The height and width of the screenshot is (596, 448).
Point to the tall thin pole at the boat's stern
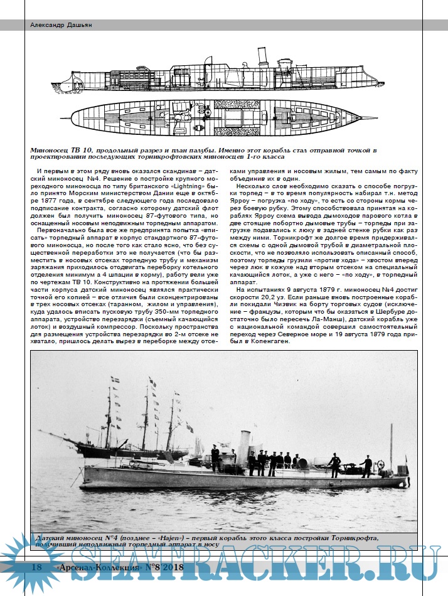[392, 449]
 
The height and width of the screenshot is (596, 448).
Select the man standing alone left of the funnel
[215, 457]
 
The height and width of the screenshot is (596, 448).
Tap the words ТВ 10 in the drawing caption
[85, 150]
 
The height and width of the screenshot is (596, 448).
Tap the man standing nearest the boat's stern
[366, 465]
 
